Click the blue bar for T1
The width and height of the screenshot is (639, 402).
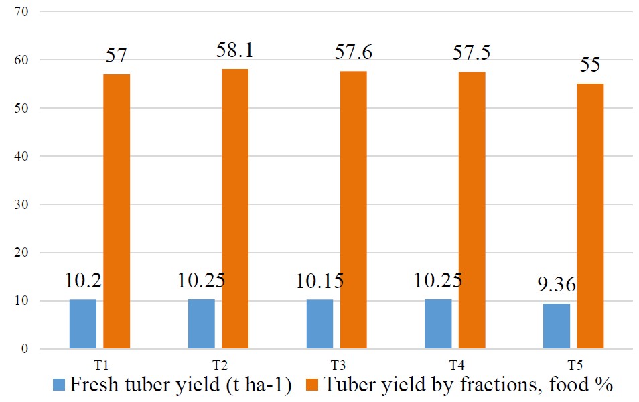(83, 324)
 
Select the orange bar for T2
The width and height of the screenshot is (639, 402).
(235, 209)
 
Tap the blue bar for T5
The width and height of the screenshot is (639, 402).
(557, 326)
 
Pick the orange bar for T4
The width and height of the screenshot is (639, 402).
(472, 210)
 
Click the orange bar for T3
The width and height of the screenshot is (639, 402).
(354, 210)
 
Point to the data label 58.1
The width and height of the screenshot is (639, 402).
(234, 50)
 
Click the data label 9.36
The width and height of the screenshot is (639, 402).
(557, 285)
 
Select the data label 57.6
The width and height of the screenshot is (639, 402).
(354, 52)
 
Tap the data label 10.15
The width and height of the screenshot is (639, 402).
(320, 281)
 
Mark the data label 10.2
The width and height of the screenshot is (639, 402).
(83, 281)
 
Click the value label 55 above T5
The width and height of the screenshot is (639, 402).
(590, 65)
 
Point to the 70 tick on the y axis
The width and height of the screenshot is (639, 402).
(21, 11)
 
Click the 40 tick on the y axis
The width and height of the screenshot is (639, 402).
(21, 156)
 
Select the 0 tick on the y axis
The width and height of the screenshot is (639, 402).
(25, 349)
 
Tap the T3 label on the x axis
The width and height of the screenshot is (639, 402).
(338, 365)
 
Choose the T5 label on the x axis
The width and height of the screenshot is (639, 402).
(575, 365)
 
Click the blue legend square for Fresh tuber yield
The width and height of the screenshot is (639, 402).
(59, 385)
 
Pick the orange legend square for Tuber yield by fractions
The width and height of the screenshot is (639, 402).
(311, 385)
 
